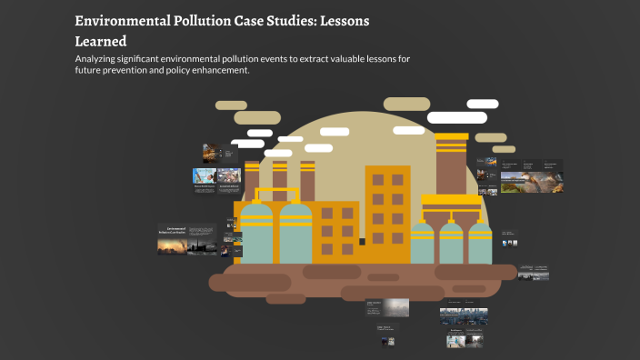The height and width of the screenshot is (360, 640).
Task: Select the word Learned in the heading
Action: coord(100,41)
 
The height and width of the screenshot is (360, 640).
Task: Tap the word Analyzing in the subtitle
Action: coord(102,60)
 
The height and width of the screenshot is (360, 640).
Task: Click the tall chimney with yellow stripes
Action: coord(451,164)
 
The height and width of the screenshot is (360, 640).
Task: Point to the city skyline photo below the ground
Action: coord(464,315)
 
